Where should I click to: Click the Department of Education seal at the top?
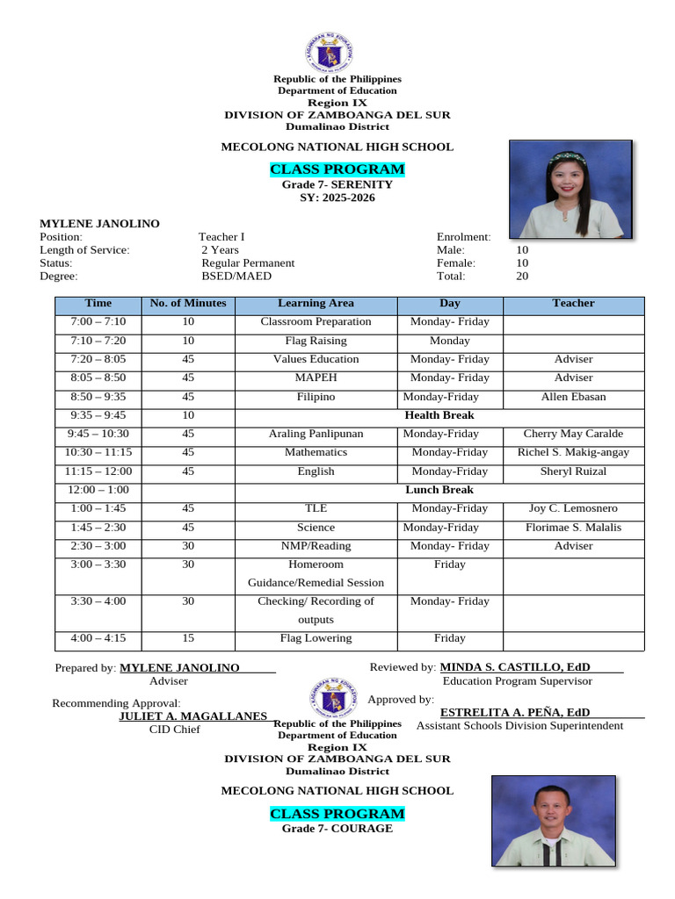pos(329,52)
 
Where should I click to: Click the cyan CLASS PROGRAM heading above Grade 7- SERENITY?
pos(337,169)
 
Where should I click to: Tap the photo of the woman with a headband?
pos(570,189)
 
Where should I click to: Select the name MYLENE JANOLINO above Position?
pos(100,224)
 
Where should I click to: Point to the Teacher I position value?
pos(221,237)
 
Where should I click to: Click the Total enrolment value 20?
pos(522,276)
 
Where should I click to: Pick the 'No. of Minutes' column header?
pos(188,304)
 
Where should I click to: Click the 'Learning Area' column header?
pos(316,304)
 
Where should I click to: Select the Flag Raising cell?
pos(316,341)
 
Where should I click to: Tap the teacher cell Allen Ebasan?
pos(573,397)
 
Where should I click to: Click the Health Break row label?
pos(439,415)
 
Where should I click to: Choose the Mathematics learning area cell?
pos(316,453)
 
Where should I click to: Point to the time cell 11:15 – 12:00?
pos(98,471)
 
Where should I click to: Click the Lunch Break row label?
pos(439,490)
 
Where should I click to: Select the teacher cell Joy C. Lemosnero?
pos(573,508)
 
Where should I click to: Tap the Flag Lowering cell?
pos(316,638)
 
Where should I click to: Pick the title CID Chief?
pos(175,730)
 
